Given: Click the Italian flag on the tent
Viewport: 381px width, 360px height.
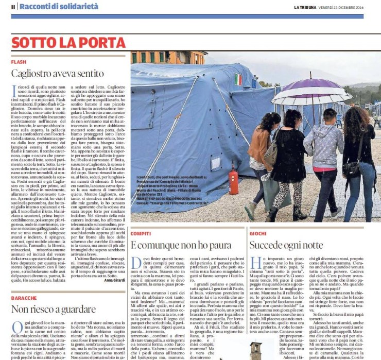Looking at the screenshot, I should point(238,79).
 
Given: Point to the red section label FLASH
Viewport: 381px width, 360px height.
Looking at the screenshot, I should point(19,61).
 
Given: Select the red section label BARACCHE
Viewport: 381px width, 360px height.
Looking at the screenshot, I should point(24,298).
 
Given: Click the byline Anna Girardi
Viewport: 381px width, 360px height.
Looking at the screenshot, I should point(114,281).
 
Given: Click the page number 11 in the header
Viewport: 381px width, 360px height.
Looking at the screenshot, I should point(13,6).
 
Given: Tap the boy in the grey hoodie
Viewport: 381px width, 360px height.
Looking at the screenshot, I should point(324,155).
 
